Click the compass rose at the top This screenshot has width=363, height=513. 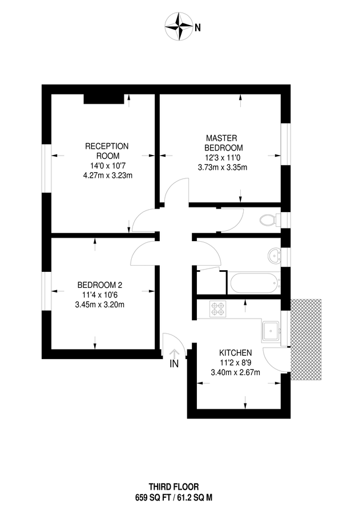tap(179, 27)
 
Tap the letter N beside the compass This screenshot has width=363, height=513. tap(198, 27)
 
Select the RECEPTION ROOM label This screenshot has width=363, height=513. tap(107, 151)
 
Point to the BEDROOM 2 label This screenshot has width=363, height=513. tap(100, 285)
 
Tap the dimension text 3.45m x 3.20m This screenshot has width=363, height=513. tap(100, 304)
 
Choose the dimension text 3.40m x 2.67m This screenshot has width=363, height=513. tap(236, 373)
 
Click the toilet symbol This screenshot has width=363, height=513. tap(268, 219)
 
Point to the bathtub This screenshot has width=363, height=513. tap(255, 282)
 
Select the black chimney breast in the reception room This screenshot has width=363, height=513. tap(104, 99)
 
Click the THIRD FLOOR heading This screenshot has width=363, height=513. tap(174, 487)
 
